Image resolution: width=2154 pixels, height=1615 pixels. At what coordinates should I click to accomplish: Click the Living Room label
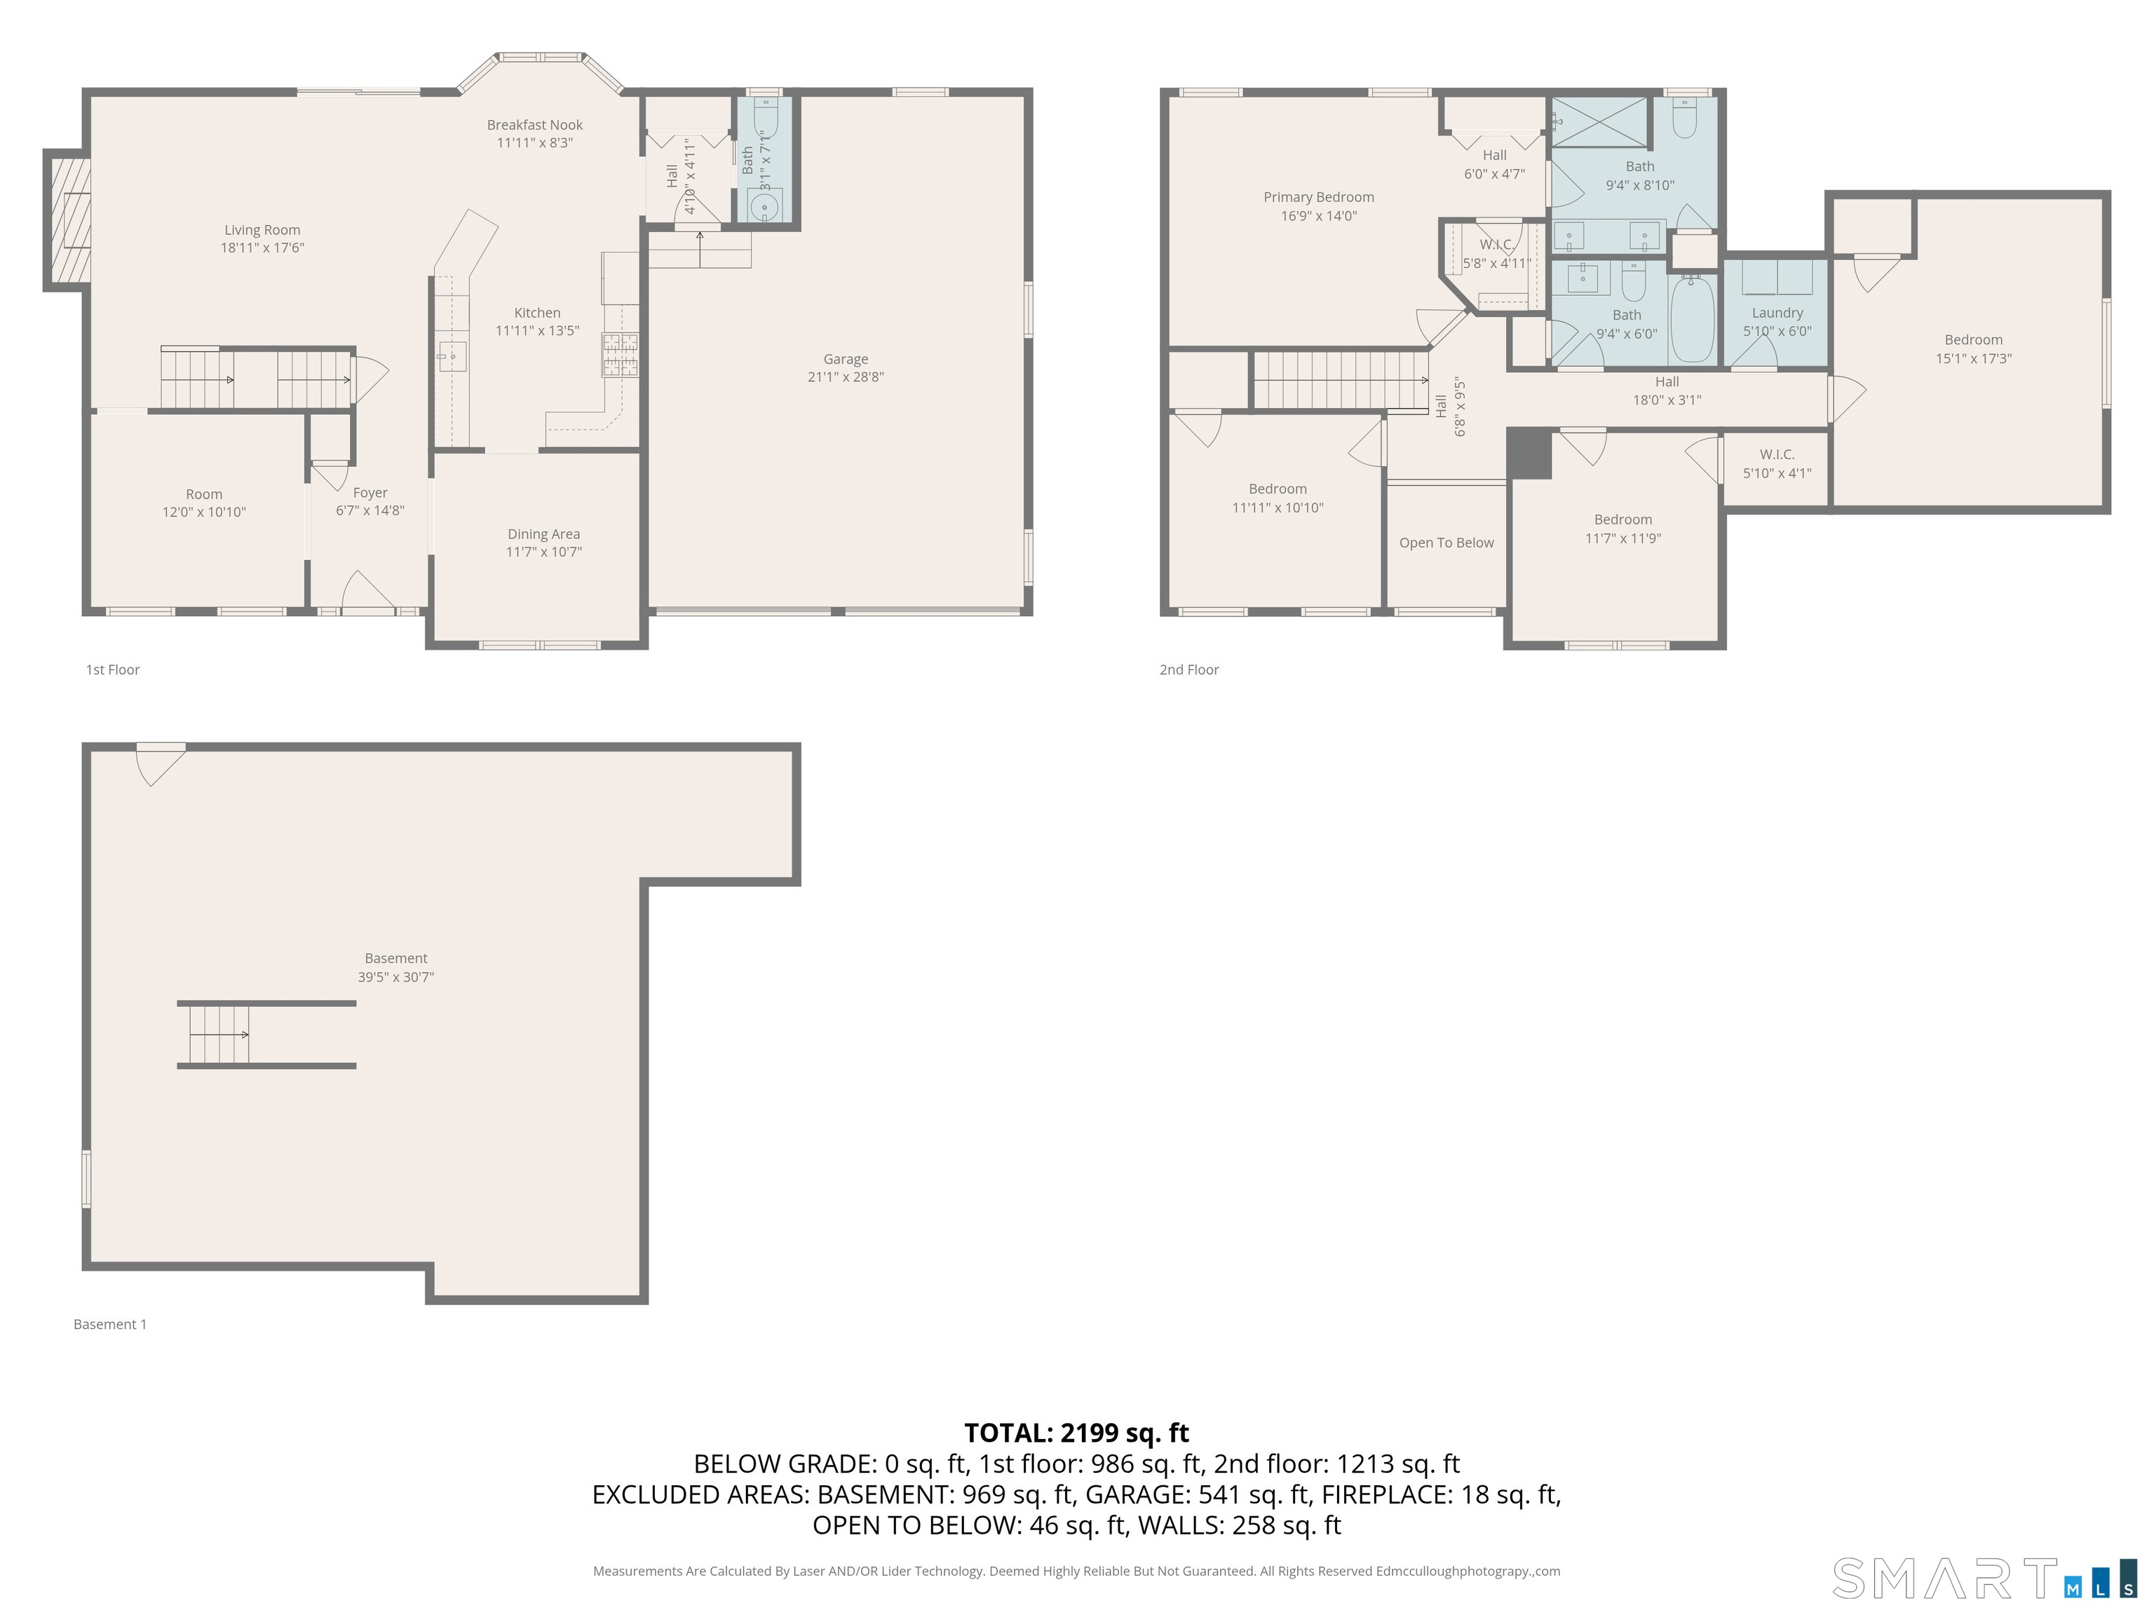click(262, 231)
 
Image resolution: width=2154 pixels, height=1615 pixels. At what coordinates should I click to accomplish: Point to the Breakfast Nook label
click(534, 125)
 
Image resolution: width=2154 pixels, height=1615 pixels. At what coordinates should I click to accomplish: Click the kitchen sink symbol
click(451, 356)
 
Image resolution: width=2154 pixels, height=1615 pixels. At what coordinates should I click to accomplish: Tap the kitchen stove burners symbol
click(621, 355)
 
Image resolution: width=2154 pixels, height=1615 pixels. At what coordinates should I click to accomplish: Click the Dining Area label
click(543, 534)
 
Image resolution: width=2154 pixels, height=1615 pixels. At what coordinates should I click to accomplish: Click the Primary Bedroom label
click(1318, 198)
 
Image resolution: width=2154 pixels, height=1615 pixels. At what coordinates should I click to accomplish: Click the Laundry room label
click(1777, 313)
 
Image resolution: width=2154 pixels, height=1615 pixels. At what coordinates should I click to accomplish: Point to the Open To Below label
click(1446, 543)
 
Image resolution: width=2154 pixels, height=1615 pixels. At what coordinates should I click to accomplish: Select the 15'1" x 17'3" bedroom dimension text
click(1973, 358)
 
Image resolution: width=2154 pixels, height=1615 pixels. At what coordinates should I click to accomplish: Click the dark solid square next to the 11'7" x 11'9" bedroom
click(1529, 454)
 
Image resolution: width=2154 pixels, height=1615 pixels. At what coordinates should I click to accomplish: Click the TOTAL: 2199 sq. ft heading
click(1076, 1433)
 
